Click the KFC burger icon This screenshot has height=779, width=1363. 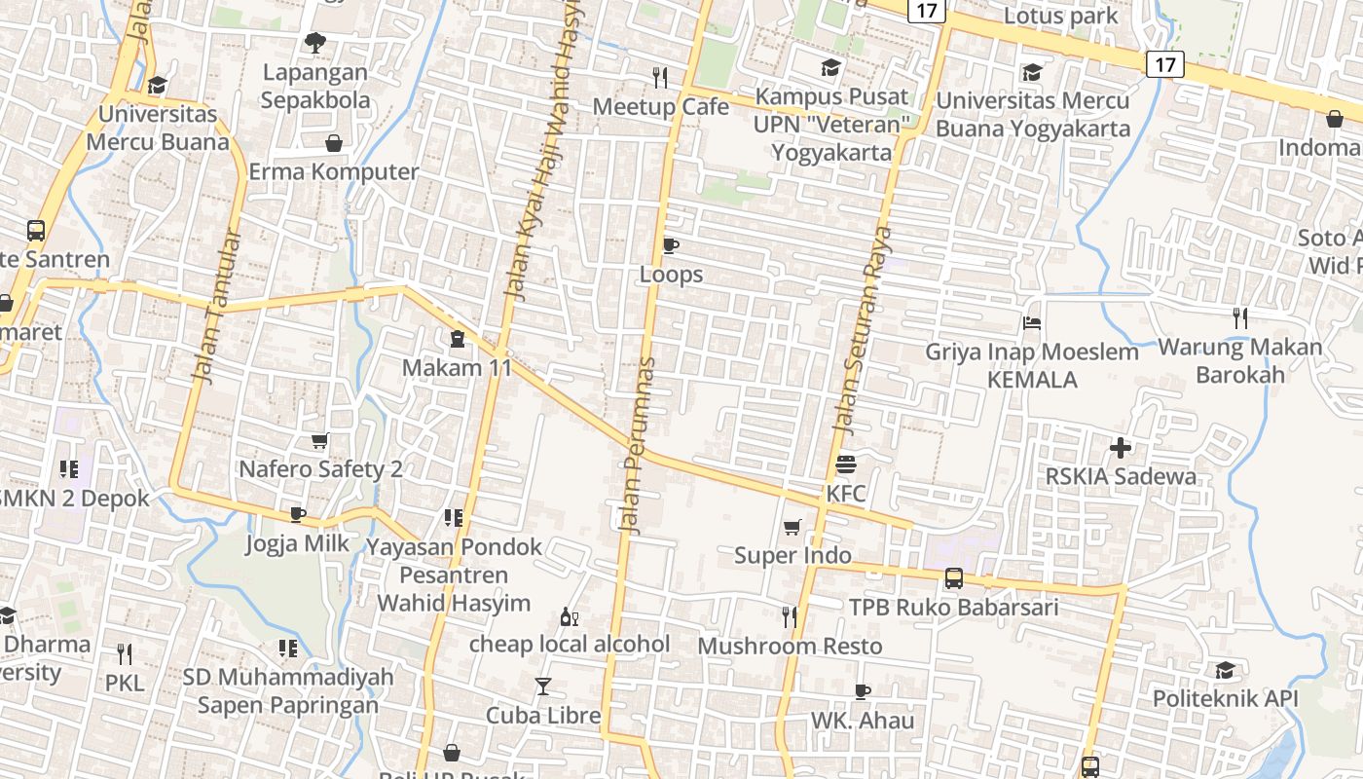[x=844, y=464]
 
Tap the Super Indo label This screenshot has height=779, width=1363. [x=792, y=556]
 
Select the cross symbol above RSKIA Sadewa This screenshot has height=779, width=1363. [x=1121, y=448]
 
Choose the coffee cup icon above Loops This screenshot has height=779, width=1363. [x=670, y=245]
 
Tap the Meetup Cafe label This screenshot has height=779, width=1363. [x=660, y=106]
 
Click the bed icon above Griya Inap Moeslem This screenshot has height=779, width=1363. [x=1032, y=323]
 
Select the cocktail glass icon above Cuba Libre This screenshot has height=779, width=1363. [x=543, y=686]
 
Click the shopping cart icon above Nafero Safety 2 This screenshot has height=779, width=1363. [x=320, y=440]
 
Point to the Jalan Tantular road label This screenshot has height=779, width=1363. [x=216, y=306]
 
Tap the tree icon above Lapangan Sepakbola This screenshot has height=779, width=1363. [x=314, y=43]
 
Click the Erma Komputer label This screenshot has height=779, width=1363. [x=334, y=172]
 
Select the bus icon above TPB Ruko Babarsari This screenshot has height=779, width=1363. [x=954, y=578]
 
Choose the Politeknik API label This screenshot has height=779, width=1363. [x=1225, y=699]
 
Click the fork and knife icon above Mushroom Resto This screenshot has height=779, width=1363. [x=790, y=616]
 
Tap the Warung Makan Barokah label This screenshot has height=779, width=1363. [x=1239, y=360]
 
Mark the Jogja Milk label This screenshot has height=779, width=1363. [x=297, y=543]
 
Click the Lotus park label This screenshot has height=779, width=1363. [x=1060, y=17]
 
